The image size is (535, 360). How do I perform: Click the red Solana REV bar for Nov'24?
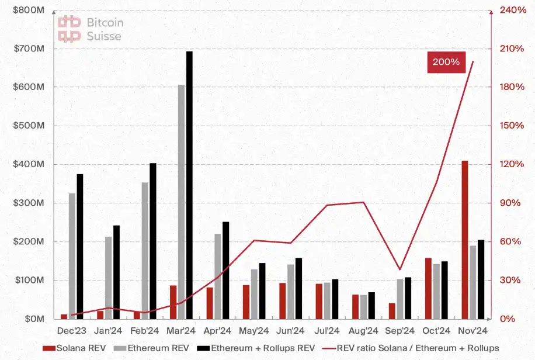point(465,240)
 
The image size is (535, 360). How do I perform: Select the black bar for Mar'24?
point(189,185)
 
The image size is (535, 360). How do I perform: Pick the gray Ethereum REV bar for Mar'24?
point(181,202)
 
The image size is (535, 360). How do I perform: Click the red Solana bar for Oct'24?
point(428,288)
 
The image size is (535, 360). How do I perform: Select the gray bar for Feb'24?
point(145,251)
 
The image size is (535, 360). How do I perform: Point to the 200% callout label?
point(446,62)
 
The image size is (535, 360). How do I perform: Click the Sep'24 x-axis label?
point(400,330)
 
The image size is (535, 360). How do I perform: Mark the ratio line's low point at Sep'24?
point(400,269)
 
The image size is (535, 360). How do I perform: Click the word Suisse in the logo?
point(104,36)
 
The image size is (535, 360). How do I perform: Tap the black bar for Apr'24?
point(225,271)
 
